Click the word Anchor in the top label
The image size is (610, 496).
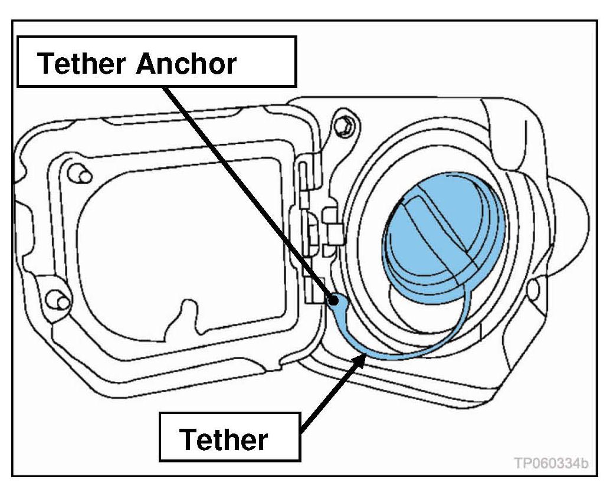point(186,63)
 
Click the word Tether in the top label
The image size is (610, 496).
point(84,63)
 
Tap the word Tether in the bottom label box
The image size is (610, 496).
point(224,440)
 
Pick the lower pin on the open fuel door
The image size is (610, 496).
point(59,301)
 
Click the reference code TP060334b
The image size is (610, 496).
point(550,463)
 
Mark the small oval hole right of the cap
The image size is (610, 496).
point(534,289)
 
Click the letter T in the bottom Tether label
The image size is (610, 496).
point(188,440)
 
